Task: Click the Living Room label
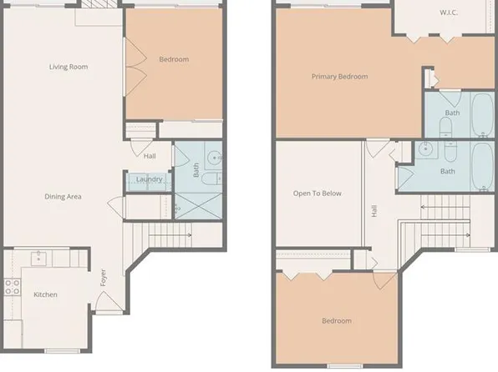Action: [69, 67]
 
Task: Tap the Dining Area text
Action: [63, 197]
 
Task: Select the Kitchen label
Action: [45, 294]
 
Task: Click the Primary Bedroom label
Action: [339, 77]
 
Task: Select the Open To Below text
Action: [317, 194]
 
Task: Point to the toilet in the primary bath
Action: [445, 128]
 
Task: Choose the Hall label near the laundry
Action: [150, 156]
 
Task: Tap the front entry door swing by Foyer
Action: [107, 301]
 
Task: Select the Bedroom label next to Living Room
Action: [174, 59]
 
